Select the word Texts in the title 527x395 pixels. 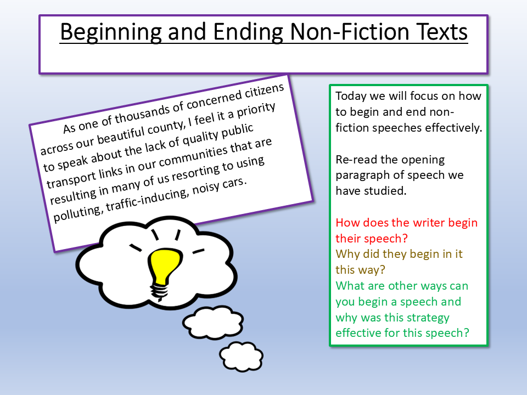coord(441,32)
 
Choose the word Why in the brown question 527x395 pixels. coord(346,255)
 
